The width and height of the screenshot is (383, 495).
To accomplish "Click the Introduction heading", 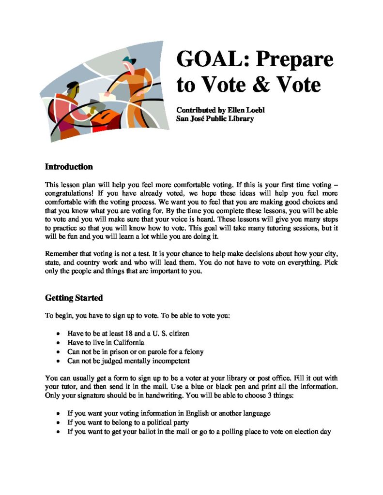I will tap(69, 167).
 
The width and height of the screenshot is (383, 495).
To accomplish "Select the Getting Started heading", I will tap(74, 298).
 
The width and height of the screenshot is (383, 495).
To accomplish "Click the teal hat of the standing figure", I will tap(127, 60).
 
